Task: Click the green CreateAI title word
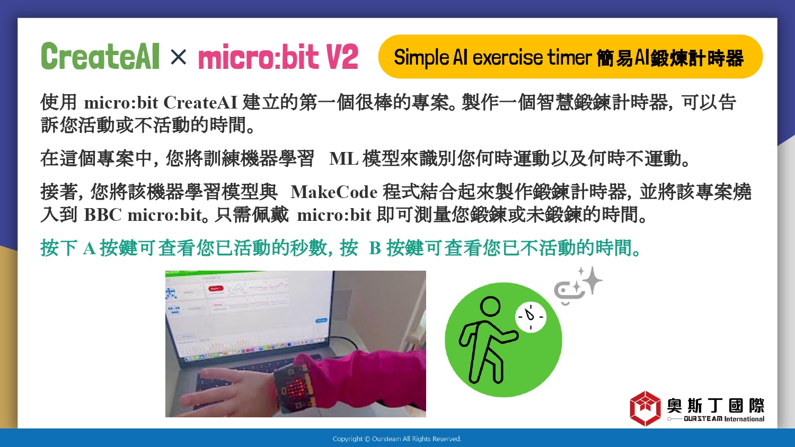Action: (100, 56)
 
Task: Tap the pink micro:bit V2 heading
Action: (278, 57)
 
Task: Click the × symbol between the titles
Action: (178, 57)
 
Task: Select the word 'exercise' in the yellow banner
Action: (508, 58)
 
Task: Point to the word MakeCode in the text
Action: (334, 193)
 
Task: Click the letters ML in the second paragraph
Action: (343, 159)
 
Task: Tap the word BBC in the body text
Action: (103, 215)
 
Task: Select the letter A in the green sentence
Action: (89, 248)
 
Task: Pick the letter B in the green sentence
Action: (375, 248)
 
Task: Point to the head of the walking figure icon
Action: (490, 307)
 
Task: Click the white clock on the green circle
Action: (531, 317)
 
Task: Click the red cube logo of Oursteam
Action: (645, 408)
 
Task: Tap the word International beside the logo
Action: (744, 419)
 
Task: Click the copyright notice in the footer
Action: (397, 439)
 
